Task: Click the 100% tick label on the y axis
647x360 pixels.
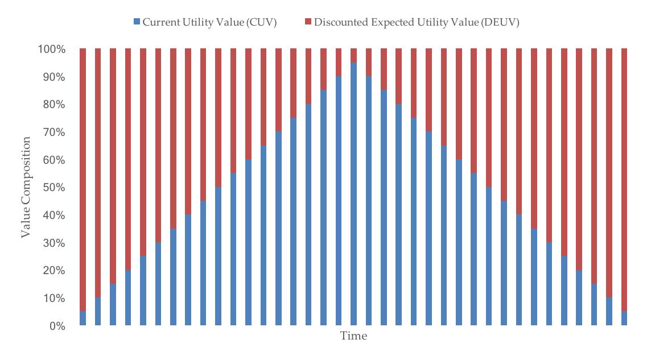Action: (51, 49)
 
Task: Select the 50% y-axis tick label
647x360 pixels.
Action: (54, 188)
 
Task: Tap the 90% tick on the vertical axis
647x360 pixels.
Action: (54, 77)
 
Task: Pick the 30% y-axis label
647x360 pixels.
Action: (54, 243)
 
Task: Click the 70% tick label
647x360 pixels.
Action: (54, 133)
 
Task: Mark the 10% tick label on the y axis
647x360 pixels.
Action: (54, 299)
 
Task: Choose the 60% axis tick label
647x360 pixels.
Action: (54, 160)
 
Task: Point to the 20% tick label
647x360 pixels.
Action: (54, 271)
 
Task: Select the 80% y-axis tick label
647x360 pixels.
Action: (54, 105)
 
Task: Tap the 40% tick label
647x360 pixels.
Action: (54, 216)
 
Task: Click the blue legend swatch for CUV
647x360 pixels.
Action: (137, 22)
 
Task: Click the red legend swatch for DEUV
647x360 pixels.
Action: (308, 22)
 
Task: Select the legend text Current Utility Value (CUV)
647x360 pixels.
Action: (209, 22)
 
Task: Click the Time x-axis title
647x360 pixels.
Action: (353, 336)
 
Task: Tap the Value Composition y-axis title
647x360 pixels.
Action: (26, 188)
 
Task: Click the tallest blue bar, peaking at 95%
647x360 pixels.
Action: (353, 193)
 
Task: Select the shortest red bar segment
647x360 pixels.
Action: (353, 55)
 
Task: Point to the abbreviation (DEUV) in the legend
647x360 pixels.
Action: (500, 22)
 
